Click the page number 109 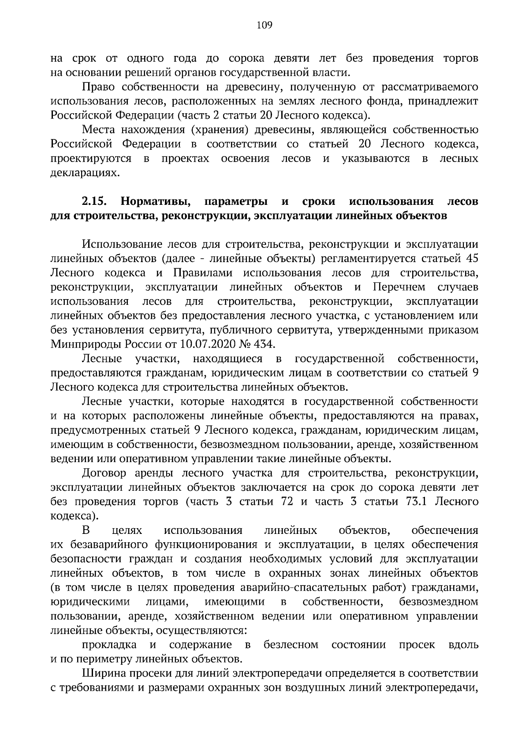click(264, 25)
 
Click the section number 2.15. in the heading click(95, 202)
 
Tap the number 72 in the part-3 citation click(287, 502)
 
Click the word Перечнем click(399, 287)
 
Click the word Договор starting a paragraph click(104, 474)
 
